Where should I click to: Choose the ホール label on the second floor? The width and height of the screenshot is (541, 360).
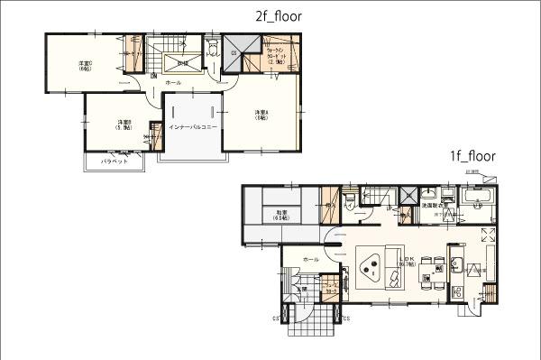[x=173, y=81]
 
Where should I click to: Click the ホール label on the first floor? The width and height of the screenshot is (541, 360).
[x=311, y=259]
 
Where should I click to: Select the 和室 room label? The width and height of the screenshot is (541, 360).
[x=277, y=216]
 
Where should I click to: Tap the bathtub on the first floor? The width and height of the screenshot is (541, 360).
[x=476, y=198]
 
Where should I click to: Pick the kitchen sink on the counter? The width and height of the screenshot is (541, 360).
[x=456, y=265]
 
